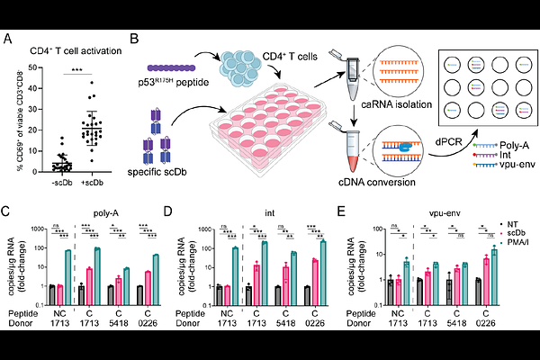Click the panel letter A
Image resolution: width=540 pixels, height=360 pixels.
coord(8,38)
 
